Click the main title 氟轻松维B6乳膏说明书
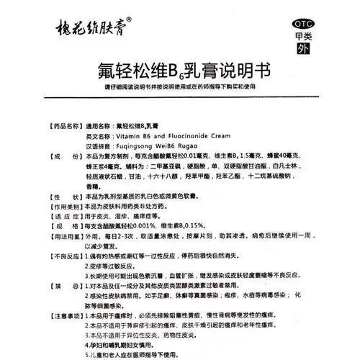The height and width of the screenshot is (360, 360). (x=179, y=71)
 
